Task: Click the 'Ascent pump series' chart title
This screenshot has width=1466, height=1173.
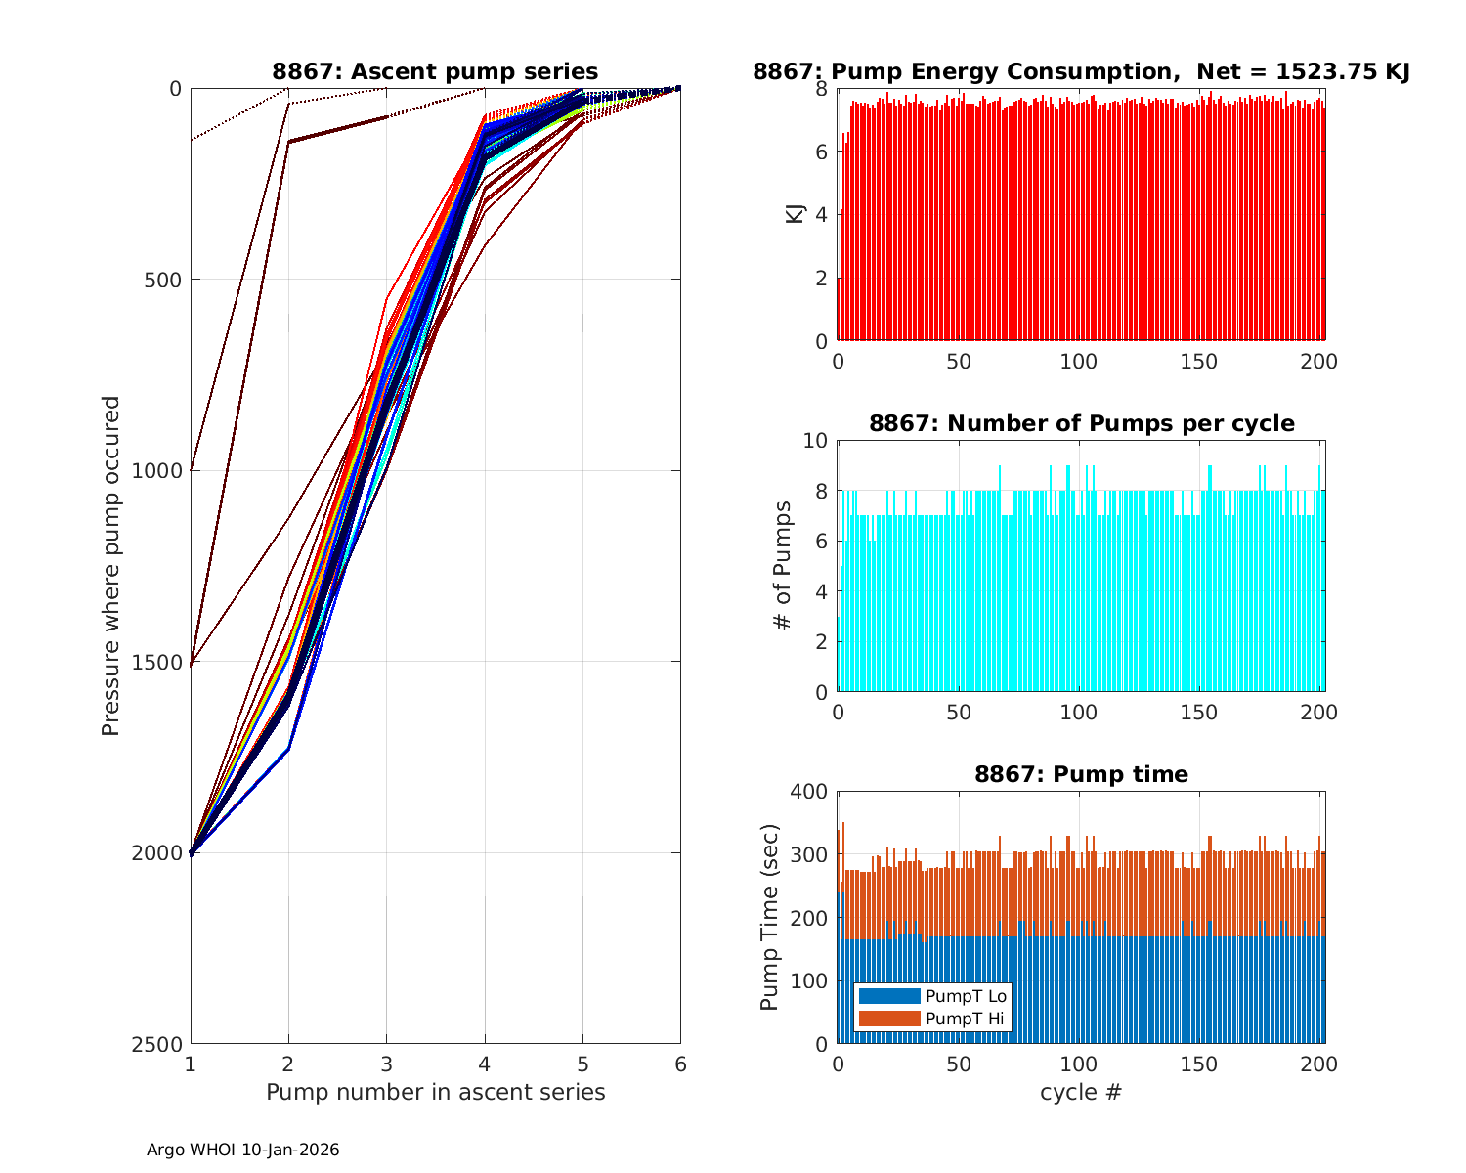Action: tap(435, 71)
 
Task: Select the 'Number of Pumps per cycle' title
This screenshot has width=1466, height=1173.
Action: tap(1081, 423)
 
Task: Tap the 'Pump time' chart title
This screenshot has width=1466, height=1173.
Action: tap(1081, 774)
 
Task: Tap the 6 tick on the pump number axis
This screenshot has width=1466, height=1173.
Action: tap(680, 1064)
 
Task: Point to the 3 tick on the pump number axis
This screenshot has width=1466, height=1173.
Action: tap(386, 1064)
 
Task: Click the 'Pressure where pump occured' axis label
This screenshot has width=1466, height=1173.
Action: tap(111, 566)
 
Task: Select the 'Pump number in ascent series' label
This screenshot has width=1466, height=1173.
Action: tap(435, 1092)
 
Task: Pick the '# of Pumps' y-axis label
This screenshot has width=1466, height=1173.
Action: tap(782, 565)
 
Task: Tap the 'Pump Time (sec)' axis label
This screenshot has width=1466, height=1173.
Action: tap(770, 917)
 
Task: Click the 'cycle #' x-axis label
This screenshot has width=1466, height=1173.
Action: tap(1081, 1092)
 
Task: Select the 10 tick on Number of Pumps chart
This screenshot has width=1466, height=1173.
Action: tap(814, 441)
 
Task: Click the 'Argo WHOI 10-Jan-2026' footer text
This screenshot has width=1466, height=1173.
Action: tap(243, 1151)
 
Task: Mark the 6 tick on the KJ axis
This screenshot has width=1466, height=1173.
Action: tap(820, 152)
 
